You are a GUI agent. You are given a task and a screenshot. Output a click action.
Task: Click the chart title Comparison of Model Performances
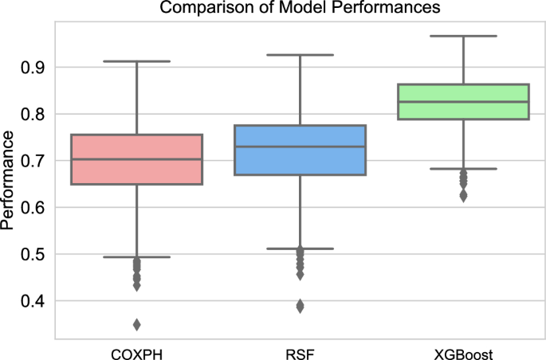click(299, 9)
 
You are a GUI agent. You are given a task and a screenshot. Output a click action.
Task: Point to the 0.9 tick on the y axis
click(33, 68)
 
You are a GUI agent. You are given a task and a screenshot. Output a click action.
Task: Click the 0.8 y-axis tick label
click(33, 115)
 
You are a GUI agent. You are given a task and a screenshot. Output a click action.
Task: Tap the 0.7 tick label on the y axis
click(33, 161)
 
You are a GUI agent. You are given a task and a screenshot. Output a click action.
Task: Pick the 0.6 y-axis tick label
click(33, 208)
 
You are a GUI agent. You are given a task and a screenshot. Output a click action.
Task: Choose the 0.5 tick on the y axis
click(33, 255)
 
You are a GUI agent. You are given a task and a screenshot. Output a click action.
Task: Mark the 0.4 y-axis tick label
click(33, 302)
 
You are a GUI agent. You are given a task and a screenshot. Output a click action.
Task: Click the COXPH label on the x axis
click(136, 351)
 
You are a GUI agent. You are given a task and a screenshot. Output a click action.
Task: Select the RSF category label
click(300, 351)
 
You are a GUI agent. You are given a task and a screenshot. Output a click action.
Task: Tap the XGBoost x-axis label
click(463, 351)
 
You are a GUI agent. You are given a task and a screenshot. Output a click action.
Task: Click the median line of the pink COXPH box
click(136, 159)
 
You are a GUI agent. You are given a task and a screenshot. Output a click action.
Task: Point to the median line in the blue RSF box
click(300, 147)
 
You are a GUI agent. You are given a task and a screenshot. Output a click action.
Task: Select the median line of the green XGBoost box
click(463, 102)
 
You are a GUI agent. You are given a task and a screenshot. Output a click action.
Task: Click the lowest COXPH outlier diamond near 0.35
click(136, 324)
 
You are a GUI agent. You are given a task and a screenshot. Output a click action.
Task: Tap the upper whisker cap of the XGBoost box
click(463, 36)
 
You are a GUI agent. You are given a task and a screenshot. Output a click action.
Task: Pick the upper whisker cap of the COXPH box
click(136, 61)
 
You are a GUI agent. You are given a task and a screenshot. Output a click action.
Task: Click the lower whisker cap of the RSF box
click(300, 248)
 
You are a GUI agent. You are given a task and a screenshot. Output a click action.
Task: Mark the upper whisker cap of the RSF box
click(300, 55)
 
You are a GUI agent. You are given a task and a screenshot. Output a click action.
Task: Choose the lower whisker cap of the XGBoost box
click(463, 169)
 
